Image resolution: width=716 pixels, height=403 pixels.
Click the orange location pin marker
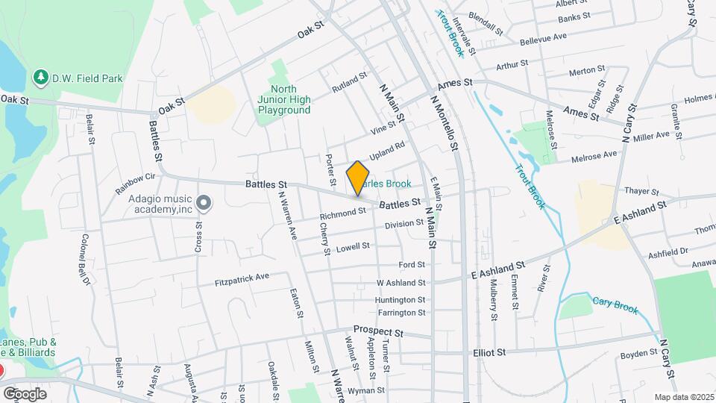pyautogui.click(x=358, y=178)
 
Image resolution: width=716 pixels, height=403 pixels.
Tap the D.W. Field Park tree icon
pyautogui.click(x=39, y=77)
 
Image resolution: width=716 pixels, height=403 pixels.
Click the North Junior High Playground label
pyautogui.click(x=284, y=99)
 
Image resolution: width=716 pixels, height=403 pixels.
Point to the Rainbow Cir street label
pyautogui.click(x=135, y=184)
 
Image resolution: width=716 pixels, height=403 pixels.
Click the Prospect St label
pyautogui.click(x=378, y=331)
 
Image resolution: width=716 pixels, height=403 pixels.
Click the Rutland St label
pyautogui.click(x=350, y=82)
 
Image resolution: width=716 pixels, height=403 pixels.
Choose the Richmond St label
pyautogui.click(x=343, y=213)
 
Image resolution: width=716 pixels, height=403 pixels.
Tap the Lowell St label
pyautogui.click(x=353, y=247)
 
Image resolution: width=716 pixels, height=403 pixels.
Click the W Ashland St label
pyautogui.click(x=401, y=283)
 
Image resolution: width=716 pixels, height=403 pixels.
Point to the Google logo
pyautogui.click(x=25, y=393)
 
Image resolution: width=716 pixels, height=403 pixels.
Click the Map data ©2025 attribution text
pyautogui.click(x=684, y=397)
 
